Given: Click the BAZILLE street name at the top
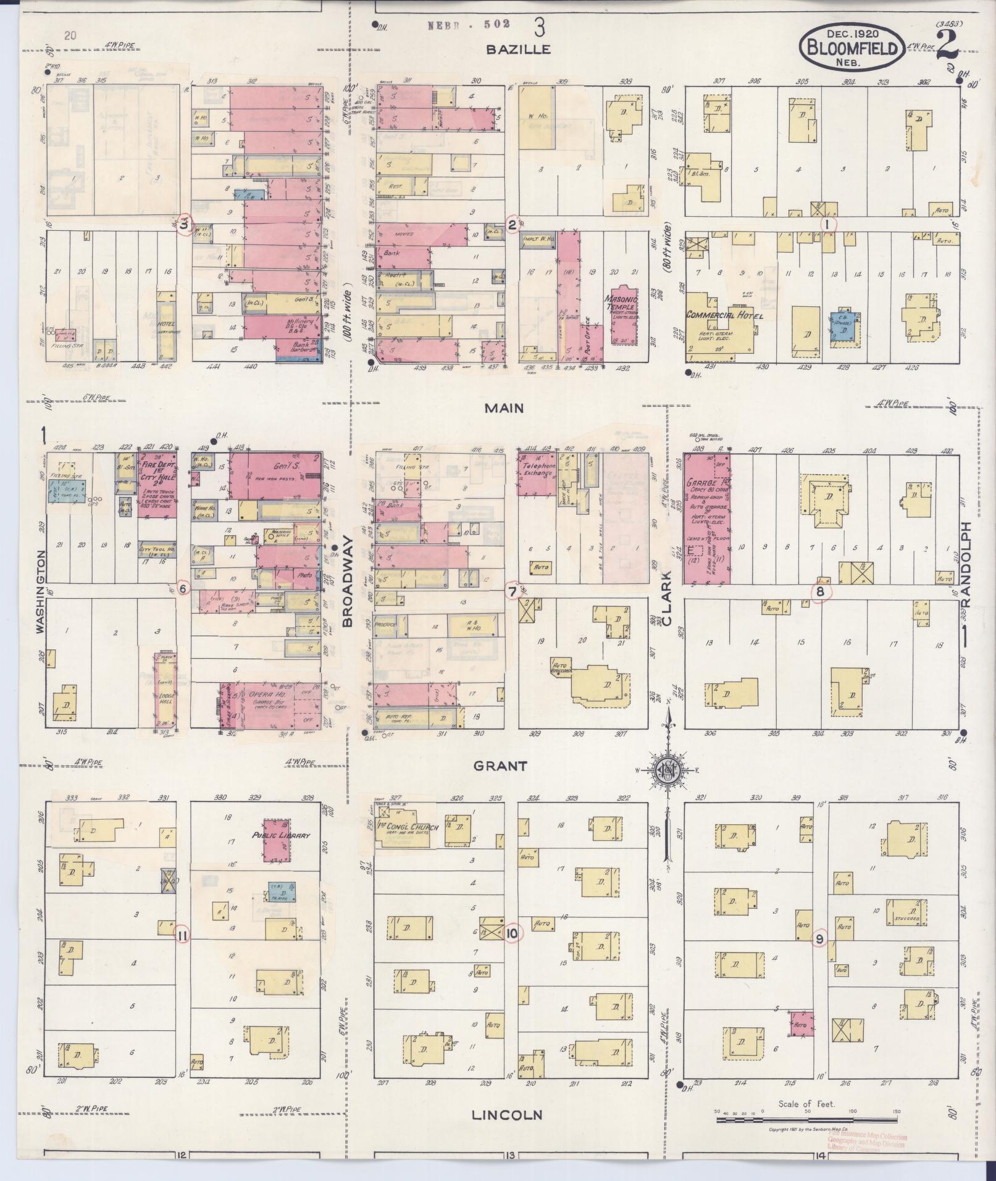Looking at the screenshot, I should coord(517,50).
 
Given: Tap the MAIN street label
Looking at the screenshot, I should coord(504,408).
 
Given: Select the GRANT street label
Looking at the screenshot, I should coord(500,766).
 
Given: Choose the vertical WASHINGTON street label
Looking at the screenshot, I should coord(41,591).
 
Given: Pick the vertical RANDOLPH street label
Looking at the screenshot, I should coord(966,564).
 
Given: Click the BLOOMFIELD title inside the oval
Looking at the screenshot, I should coord(852,48).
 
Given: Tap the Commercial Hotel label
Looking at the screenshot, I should coord(724,315).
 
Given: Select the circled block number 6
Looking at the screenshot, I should coord(182,588).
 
